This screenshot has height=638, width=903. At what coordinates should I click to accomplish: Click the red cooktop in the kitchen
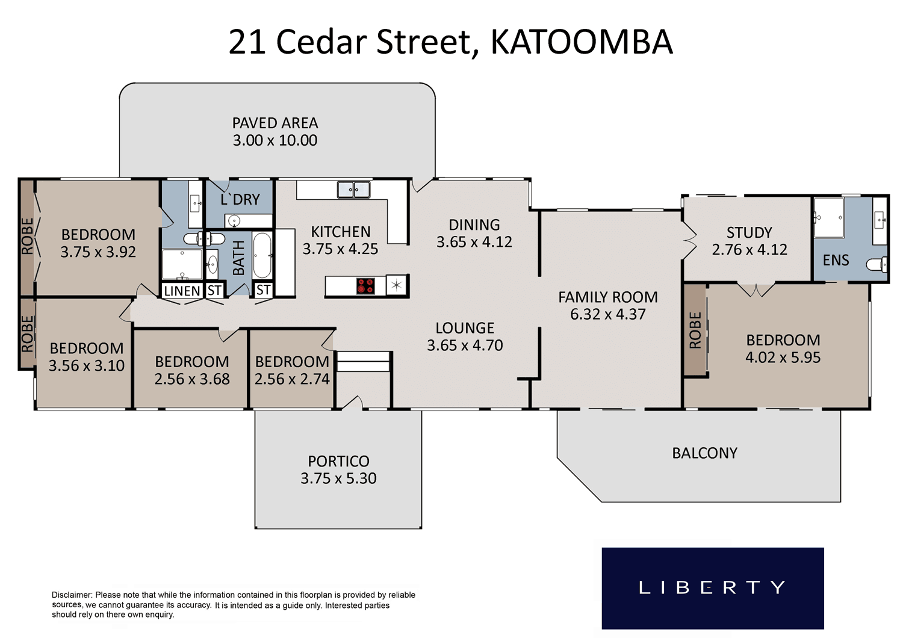pos(365,286)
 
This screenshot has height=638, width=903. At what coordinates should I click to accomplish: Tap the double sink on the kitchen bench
pos(353,190)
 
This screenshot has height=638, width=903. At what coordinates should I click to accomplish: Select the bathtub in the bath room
pos(262,255)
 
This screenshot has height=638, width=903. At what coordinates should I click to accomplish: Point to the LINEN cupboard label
pos(182,291)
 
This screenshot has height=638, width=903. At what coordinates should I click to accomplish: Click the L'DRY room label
pos(240,199)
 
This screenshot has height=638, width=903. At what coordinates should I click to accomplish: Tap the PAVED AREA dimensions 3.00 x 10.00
pos(275,140)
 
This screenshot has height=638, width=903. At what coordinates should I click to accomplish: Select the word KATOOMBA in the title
pos(582,42)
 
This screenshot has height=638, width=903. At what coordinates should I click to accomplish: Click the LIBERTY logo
pos(713,588)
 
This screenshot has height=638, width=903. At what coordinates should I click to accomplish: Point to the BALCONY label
pos(705,453)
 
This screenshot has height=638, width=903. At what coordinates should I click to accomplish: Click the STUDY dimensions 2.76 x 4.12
pos(749,250)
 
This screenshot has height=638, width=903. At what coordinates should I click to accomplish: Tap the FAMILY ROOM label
pos(608,297)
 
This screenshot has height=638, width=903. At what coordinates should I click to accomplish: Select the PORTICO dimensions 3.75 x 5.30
pos(338,478)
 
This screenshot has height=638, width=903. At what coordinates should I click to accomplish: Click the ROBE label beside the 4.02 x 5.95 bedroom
pos(695,330)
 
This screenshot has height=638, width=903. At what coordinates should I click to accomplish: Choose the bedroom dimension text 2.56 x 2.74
pos(292,379)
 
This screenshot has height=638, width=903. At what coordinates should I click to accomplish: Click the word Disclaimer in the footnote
pos(72,595)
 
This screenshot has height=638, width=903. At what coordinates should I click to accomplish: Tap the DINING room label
pos(474,225)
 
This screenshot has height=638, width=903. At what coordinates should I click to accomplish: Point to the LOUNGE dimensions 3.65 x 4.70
pos(465,345)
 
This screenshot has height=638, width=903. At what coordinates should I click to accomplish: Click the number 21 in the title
pos(247,42)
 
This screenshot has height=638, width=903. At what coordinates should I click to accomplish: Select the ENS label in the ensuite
pos(836,261)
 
